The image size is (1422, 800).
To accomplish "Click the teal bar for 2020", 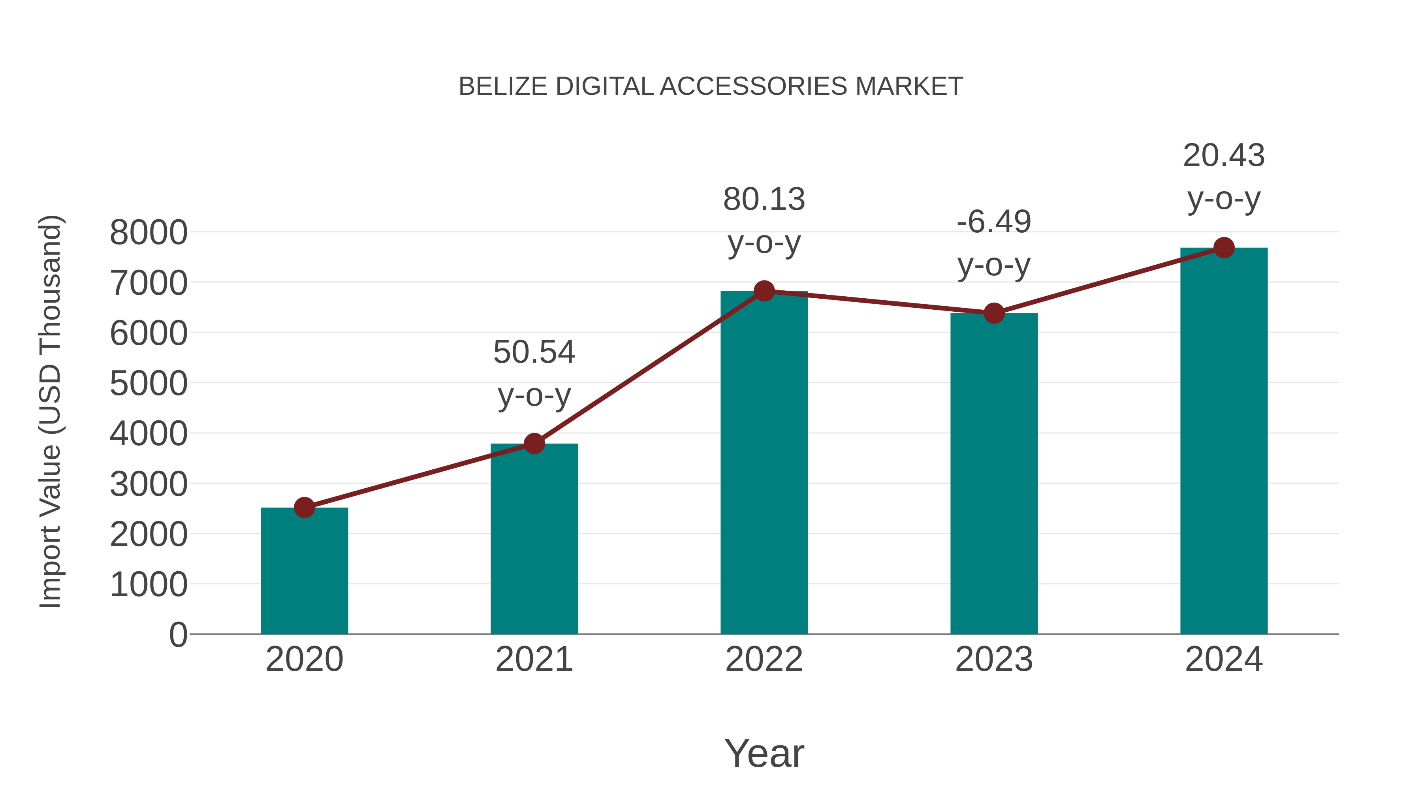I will tap(304, 571).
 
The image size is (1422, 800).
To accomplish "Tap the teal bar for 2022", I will tap(764, 463).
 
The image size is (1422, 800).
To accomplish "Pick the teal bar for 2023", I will tap(994, 474).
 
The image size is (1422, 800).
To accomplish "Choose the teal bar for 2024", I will tap(1224, 441).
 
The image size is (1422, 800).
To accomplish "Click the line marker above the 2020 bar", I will tap(304, 507).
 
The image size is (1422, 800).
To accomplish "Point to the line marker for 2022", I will tap(764, 290).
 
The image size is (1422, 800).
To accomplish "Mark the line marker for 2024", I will tap(1224, 248).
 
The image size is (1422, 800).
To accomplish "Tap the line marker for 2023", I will tap(994, 313).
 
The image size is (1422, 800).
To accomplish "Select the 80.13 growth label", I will tap(764, 200).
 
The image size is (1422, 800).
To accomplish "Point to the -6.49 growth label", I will tap(994, 222).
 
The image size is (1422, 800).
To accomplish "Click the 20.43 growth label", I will tap(1224, 155).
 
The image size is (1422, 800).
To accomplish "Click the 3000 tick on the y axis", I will tap(149, 484).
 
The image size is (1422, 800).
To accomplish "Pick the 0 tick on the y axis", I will tap(178, 634).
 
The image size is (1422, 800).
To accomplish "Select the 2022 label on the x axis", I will tap(764, 659).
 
